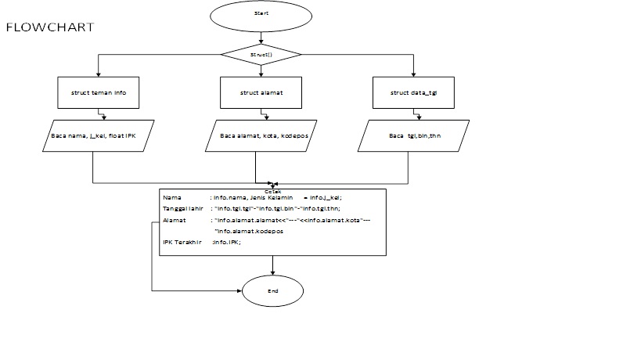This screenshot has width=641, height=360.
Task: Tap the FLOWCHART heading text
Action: coord(50,27)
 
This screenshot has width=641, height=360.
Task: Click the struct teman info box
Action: coord(98,92)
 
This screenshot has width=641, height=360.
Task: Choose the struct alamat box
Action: coord(261,92)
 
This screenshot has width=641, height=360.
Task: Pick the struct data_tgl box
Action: coord(413,92)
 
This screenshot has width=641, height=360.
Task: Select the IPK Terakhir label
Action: coord(182,243)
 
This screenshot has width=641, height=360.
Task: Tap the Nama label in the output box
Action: coord(171,197)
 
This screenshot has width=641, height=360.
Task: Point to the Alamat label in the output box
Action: coord(174,221)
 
